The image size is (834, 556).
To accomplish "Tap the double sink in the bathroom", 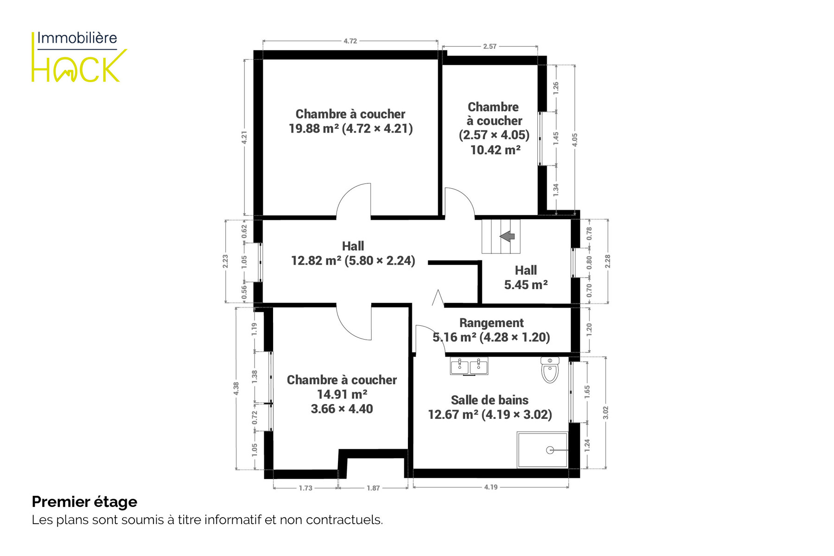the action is [469, 366].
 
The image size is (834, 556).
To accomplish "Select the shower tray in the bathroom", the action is [542, 450].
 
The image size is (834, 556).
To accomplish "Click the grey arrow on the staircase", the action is [507, 236].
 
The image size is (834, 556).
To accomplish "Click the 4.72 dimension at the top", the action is [350, 41].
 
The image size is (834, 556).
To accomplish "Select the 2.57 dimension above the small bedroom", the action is [490, 46].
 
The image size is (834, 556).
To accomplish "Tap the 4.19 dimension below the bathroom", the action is [490, 487].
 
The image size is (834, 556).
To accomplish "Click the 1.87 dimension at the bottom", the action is [373, 488].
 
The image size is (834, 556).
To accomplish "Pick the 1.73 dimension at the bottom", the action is [306, 488].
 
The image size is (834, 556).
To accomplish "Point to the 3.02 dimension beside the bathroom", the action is [605, 413].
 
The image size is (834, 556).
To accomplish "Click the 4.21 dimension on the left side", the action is [244, 138].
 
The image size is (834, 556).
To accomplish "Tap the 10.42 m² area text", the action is [495, 150].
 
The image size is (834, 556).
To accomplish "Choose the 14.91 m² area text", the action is [342, 394].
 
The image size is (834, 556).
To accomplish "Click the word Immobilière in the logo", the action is [77, 38].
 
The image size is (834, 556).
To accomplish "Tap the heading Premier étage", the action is [84, 502].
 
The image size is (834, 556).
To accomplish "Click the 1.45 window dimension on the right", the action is [556, 139].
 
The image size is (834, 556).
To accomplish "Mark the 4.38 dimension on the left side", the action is [236, 388].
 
